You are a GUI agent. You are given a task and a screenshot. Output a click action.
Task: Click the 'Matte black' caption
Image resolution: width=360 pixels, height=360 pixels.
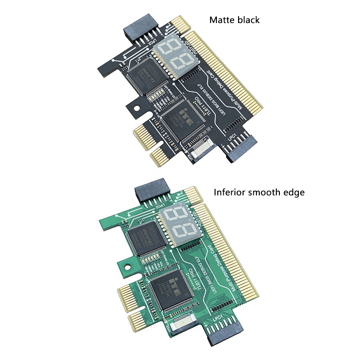coord(234,20)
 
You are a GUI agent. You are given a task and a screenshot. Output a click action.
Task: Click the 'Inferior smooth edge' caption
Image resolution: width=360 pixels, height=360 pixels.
coord(259,193)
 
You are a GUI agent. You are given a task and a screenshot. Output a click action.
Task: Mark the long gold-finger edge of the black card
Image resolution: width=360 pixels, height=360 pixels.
coord(229,72)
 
